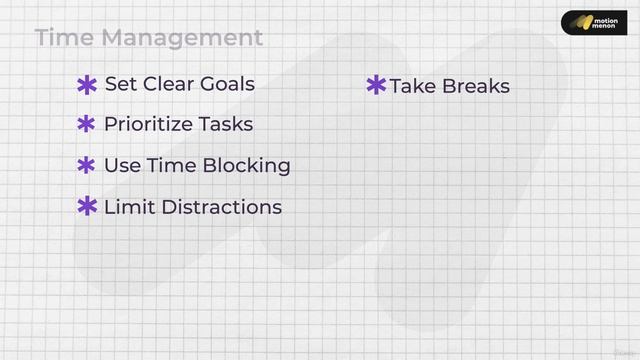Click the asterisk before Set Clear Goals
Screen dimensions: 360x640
coord(87,85)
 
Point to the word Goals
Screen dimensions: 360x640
coord(227,84)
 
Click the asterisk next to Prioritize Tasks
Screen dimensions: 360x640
coord(87,125)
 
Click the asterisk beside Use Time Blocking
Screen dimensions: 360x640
coord(87,166)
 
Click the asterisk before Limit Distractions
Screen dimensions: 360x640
coord(87,207)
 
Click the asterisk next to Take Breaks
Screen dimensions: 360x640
coord(376,85)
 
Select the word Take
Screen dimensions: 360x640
coord(412,86)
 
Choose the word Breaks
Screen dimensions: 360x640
coord(475,86)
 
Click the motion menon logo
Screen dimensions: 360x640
coord(594,23)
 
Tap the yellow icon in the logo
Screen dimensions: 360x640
coord(577,23)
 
